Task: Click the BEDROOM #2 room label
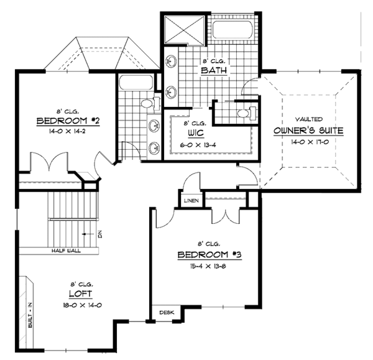pos(68,121)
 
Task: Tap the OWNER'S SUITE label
pos(308,131)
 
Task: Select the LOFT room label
pos(80,294)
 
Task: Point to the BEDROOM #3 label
pos(210,255)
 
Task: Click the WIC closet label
pos(196,133)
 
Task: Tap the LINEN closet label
pos(191,201)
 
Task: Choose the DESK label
pos(167,312)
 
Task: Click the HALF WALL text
pos(66,251)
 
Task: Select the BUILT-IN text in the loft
pos(30,315)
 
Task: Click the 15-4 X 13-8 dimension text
pos(208,266)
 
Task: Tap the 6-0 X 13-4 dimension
pos(198,145)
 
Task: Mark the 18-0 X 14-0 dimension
pos(82,305)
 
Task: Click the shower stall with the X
pos(185,30)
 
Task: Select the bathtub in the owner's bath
pos(233,30)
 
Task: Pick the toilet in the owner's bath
pos(246,113)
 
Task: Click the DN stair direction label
pos(100,234)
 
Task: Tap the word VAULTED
pos(309,119)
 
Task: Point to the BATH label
pos(214,70)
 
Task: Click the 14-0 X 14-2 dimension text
pos(67,131)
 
